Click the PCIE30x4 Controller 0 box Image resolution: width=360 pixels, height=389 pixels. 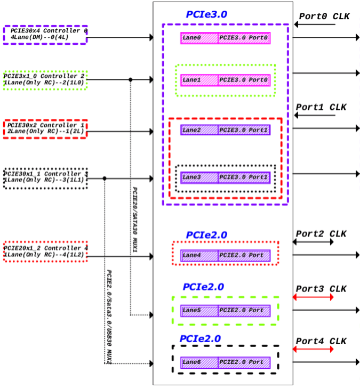coord(45,35)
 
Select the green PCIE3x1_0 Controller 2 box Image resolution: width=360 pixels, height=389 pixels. coord(45,80)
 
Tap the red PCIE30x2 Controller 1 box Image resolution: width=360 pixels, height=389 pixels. coord(45,128)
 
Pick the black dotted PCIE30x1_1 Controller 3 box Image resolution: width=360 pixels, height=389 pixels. coord(45,178)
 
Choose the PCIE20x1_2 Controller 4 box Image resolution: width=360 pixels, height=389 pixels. coord(45,252)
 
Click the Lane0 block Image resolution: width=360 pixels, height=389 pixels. coord(199,38)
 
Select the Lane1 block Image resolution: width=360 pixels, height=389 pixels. coord(199,79)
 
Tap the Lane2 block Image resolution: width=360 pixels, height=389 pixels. coord(199,129)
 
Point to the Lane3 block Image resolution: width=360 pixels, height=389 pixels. coord(199,177)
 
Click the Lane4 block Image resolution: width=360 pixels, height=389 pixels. coord(199,256)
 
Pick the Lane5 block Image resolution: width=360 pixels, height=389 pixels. coord(199,311)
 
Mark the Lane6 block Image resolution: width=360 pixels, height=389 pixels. coord(199,363)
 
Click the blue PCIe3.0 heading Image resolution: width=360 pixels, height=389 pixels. coord(206,14)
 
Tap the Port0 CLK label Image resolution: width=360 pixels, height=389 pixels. coord(324,16)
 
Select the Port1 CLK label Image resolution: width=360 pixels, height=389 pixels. coord(321,107)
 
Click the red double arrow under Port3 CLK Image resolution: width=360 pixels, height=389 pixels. coord(313,297)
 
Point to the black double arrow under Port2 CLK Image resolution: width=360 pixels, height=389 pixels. coord(313,242)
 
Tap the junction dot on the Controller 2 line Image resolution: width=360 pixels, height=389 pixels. coord(130,80)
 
